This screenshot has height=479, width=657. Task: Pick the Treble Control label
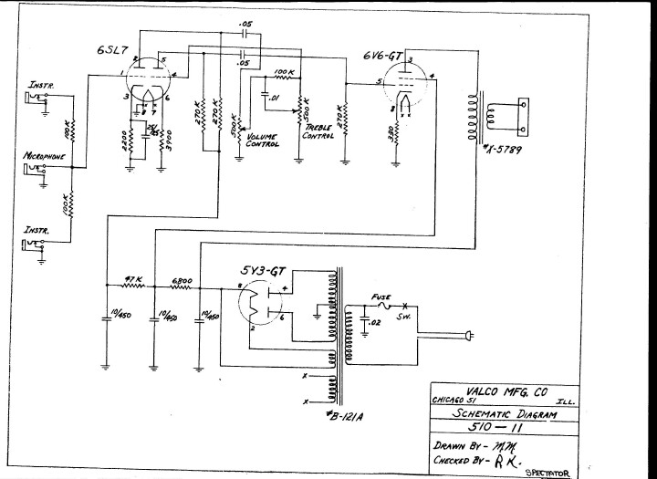(x=319, y=131)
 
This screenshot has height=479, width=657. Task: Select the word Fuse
(x=381, y=297)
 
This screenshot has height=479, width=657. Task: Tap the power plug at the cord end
(x=470, y=338)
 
